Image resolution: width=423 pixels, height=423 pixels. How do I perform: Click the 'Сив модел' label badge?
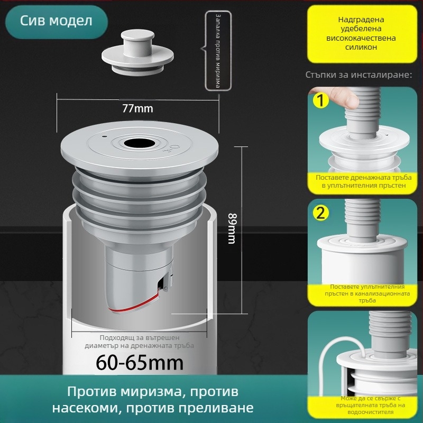[x=57, y=22]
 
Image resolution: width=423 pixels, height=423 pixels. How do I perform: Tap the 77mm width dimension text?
[x=137, y=108]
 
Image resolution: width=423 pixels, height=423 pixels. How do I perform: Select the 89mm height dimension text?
[x=232, y=228]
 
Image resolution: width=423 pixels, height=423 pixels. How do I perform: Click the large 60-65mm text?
[x=140, y=363]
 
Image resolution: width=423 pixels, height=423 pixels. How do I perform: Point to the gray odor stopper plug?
[x=137, y=52]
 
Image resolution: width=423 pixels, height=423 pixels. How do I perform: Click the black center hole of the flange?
[x=139, y=143]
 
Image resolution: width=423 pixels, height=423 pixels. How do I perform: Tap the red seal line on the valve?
[x=135, y=305]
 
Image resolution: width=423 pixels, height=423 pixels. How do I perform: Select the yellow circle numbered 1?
[x=320, y=101]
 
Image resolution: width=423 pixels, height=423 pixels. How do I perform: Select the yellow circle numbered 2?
[x=320, y=213]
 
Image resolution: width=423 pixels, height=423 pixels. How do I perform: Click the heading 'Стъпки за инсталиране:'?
[x=359, y=75]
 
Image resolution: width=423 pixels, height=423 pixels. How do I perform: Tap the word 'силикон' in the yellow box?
[x=361, y=47]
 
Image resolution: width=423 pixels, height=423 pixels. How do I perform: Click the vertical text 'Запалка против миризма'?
[x=218, y=51]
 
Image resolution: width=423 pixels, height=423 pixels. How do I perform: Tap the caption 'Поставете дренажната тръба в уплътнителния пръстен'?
[x=364, y=181]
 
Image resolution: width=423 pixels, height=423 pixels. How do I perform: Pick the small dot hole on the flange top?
[x=104, y=136]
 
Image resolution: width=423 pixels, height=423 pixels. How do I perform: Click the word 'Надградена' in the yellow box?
[x=361, y=20]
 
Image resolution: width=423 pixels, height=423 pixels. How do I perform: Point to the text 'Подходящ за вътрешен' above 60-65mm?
[x=140, y=338]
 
